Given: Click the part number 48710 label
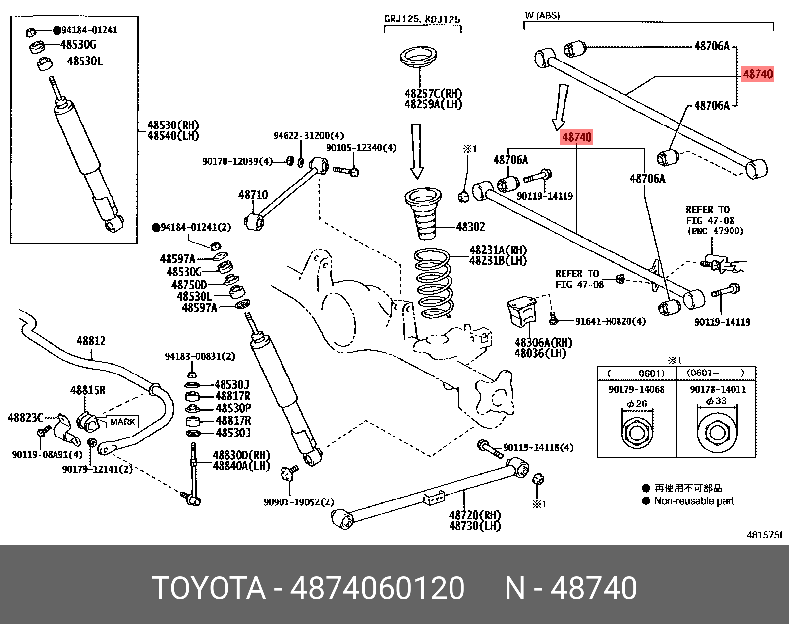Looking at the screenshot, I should (x=253, y=195).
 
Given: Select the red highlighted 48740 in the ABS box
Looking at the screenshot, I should (x=757, y=74).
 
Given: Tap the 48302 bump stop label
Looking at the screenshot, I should (x=470, y=227).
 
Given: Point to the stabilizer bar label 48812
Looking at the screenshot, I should (x=91, y=341).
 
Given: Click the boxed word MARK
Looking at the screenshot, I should (x=122, y=422).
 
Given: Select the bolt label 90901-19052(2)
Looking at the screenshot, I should (x=299, y=502).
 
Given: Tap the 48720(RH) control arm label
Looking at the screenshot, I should (x=474, y=515).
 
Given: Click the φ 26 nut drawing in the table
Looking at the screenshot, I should (x=636, y=433).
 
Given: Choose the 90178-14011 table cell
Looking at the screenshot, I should (x=718, y=389).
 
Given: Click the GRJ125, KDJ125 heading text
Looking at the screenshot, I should (x=422, y=19).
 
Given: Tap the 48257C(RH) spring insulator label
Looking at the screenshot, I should (x=433, y=94).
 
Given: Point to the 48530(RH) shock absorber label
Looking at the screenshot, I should (x=172, y=125).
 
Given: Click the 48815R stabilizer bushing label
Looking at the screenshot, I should (x=88, y=390).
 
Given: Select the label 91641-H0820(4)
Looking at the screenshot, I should (x=610, y=321).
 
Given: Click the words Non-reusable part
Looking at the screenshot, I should (x=693, y=501).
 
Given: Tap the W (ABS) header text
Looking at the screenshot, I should (x=542, y=15).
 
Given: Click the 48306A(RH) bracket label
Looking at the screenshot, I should (x=543, y=342).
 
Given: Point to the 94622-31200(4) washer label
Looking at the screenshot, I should (x=308, y=135).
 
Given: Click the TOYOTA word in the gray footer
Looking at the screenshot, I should (x=208, y=588).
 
